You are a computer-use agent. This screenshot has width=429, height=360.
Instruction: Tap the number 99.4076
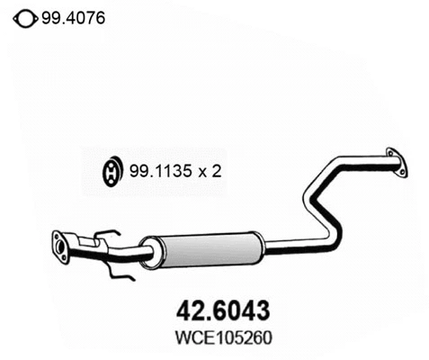(x=72, y=16)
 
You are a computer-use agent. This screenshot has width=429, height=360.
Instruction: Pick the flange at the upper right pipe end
(x=393, y=163)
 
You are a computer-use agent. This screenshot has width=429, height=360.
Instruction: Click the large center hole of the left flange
(x=61, y=247)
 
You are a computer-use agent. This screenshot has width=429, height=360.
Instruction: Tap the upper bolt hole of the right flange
(x=390, y=153)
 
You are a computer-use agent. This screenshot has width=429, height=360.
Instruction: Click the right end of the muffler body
(x=261, y=242)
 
